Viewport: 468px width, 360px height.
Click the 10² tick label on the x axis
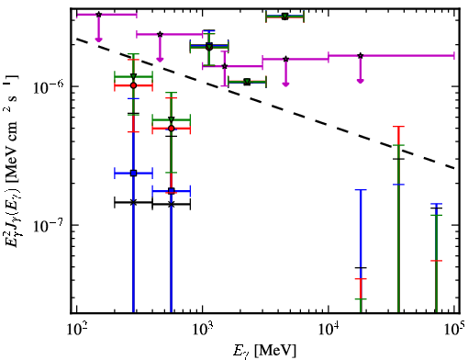[76, 330]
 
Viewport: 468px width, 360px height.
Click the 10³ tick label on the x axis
[203, 330]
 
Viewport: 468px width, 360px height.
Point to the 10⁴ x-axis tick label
[329, 330]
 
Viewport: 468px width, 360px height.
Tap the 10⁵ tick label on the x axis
[454, 329]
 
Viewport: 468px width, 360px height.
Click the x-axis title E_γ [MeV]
[264, 351]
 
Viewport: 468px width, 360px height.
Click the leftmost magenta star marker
[98, 15]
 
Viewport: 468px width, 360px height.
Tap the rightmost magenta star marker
[361, 56]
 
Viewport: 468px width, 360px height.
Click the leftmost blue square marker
[133, 174]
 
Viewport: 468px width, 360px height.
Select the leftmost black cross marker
[133, 202]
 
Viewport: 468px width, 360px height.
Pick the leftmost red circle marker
[133, 85]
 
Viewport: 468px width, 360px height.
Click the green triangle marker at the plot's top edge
[285, 16]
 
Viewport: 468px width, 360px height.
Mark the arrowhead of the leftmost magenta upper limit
[98, 39]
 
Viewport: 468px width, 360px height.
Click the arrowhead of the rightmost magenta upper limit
[361, 81]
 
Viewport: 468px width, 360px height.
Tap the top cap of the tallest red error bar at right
[398, 127]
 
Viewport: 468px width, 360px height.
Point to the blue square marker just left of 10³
[172, 191]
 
